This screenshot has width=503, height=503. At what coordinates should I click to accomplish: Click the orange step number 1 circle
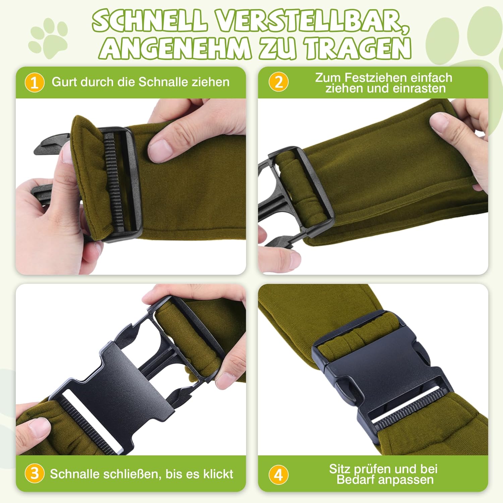35,82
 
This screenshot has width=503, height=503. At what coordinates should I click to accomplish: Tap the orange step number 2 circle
278,82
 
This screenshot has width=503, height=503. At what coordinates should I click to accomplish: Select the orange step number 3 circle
35,473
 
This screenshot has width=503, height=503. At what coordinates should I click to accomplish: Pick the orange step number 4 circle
278,475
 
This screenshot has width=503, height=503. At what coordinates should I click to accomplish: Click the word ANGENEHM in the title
175,49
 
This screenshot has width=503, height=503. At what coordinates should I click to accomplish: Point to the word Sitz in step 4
339,468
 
